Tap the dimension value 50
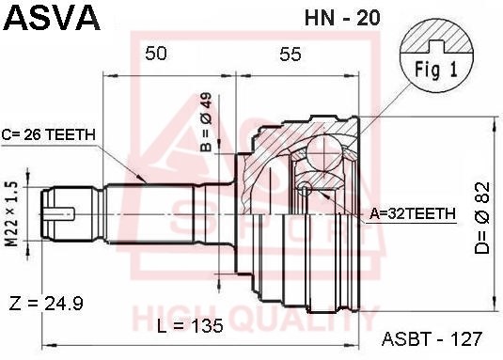pyautogui.click(x=156, y=55)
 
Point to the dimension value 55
pyautogui.click(x=290, y=55)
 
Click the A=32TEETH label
pyautogui.click(x=412, y=214)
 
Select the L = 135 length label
pyautogui.click(x=191, y=325)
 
